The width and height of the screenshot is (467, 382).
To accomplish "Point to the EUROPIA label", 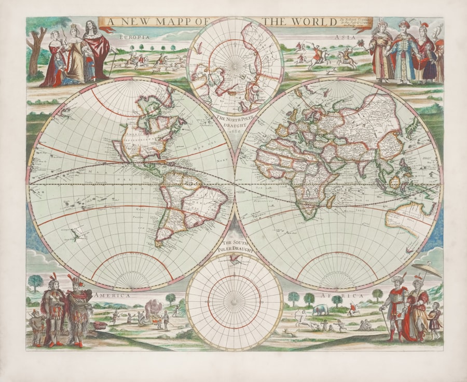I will click(134, 37).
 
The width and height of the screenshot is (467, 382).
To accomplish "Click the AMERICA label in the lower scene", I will click(112, 295).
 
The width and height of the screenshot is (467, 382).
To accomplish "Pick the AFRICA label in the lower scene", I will click(353, 295).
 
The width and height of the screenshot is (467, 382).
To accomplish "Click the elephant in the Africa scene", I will click(320, 310).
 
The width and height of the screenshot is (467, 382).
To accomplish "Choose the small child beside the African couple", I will click(435, 316).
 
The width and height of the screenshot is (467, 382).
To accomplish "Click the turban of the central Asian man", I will click(405, 24).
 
